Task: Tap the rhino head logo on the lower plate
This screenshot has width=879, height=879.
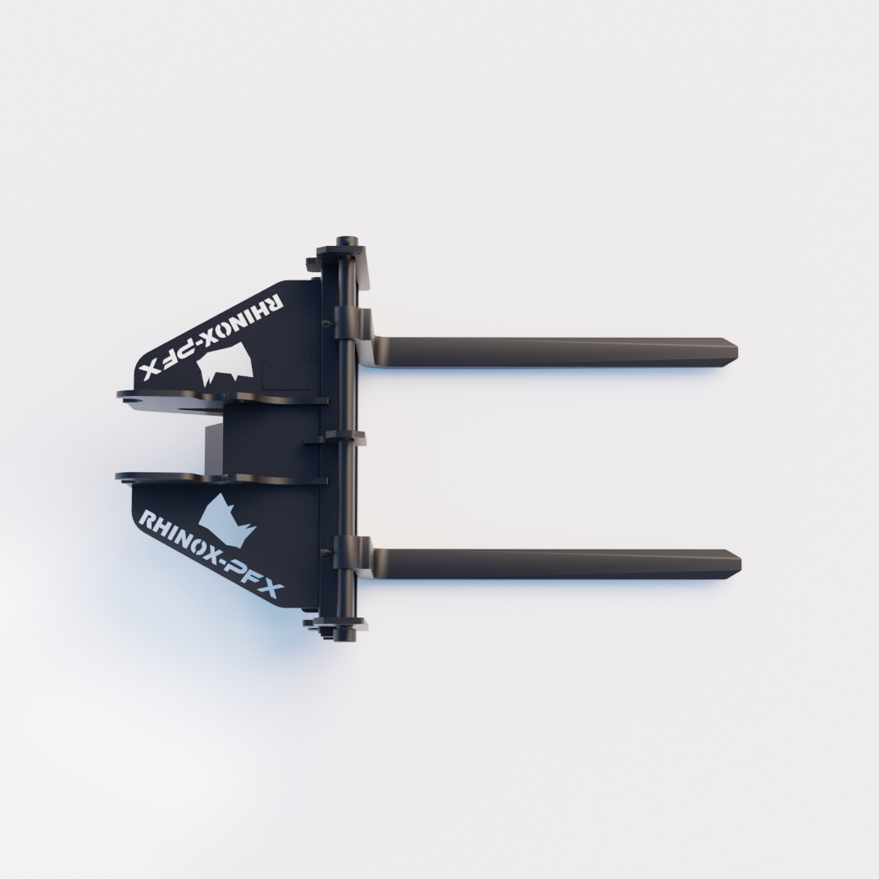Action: (227, 520)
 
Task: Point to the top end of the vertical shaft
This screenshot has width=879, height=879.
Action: (348, 245)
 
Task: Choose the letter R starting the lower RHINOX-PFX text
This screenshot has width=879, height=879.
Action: (148, 520)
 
